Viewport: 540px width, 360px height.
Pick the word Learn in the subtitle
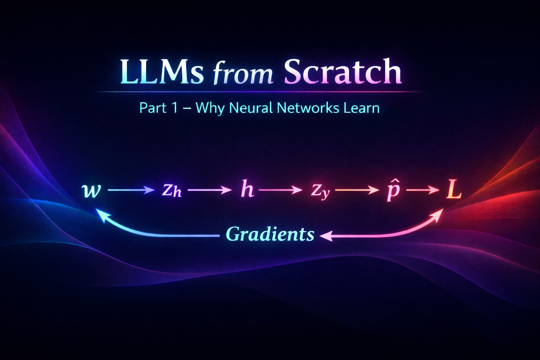click(x=361, y=108)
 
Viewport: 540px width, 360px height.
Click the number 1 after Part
click(x=175, y=108)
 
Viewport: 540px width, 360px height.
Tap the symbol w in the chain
click(x=91, y=190)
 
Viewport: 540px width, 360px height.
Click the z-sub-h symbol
click(x=172, y=190)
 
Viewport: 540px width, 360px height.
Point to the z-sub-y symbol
click(x=320, y=191)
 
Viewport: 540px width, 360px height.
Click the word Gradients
click(x=270, y=234)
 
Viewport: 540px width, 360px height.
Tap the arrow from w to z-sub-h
click(x=131, y=190)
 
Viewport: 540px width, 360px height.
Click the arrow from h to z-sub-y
click(x=280, y=190)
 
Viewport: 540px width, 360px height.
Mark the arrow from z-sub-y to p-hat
click(x=357, y=190)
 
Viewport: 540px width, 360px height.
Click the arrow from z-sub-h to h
click(x=210, y=190)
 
